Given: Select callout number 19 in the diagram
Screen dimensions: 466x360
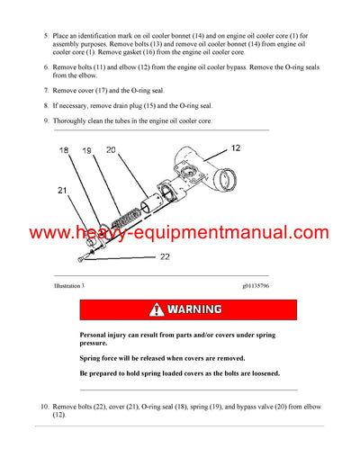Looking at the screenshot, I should tap(89, 153).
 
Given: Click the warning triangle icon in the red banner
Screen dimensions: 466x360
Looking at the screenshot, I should tap(158, 309).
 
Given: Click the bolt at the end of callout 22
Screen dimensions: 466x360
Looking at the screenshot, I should tap(81, 259).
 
